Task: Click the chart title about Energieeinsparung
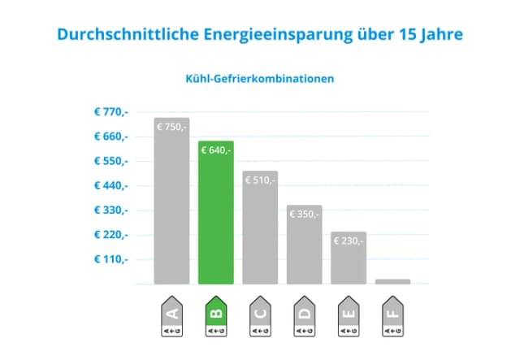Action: pyautogui.click(x=259, y=35)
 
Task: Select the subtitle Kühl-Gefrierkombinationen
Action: pyautogui.click(x=259, y=80)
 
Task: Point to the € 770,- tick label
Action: pyautogui.click(x=110, y=111)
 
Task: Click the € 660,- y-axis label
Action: pyautogui.click(x=110, y=137)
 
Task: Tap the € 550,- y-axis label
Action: pyautogui.click(x=110, y=161)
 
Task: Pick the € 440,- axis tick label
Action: pyautogui.click(x=110, y=185)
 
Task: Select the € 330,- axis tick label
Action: pyautogui.click(x=110, y=210)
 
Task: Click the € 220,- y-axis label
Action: pyautogui.click(x=110, y=235)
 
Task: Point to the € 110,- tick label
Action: pyautogui.click(x=110, y=259)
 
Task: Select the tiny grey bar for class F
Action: pyautogui.click(x=392, y=281)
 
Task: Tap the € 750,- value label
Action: pyautogui.click(x=171, y=127)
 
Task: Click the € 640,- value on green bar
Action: pyautogui.click(x=215, y=150)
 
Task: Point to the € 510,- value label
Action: pyautogui.click(x=260, y=180)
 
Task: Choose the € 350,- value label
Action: pyautogui.click(x=304, y=214)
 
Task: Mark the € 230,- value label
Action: pyautogui.click(x=349, y=241)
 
